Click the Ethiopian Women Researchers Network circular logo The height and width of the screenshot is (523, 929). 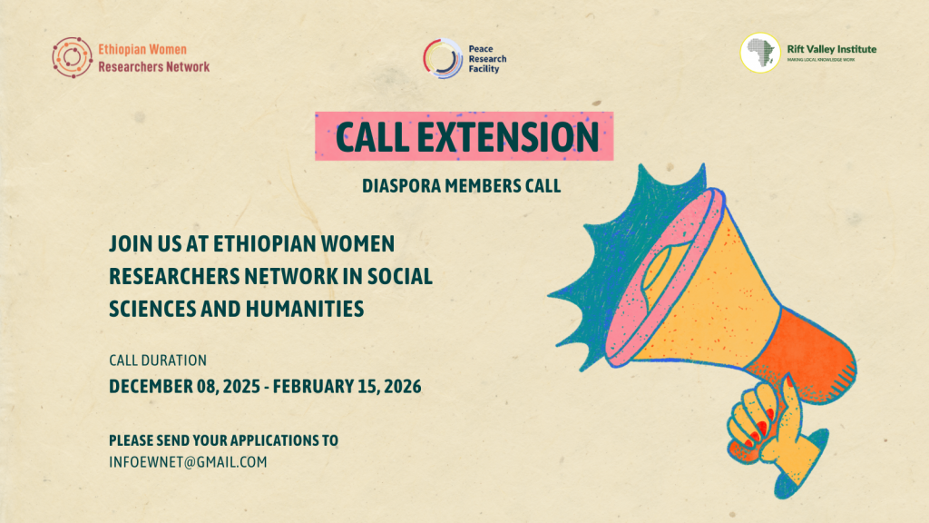(x=72, y=57)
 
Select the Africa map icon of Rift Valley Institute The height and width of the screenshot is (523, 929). (x=760, y=53)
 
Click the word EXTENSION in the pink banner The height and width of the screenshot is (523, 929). (x=508, y=137)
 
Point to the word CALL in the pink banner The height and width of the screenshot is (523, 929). (x=372, y=137)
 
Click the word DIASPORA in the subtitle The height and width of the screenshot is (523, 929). (x=401, y=186)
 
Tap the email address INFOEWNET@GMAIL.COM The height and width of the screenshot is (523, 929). (x=188, y=462)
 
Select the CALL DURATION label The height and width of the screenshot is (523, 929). (x=158, y=360)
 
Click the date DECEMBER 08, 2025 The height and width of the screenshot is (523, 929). (x=184, y=387)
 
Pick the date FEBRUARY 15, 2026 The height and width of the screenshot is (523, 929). (x=347, y=387)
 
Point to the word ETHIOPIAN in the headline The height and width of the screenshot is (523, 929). (x=264, y=243)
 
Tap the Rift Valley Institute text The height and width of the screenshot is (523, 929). (x=831, y=49)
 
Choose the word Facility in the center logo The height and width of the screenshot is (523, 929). (x=484, y=69)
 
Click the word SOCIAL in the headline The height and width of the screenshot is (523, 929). (x=400, y=276)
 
